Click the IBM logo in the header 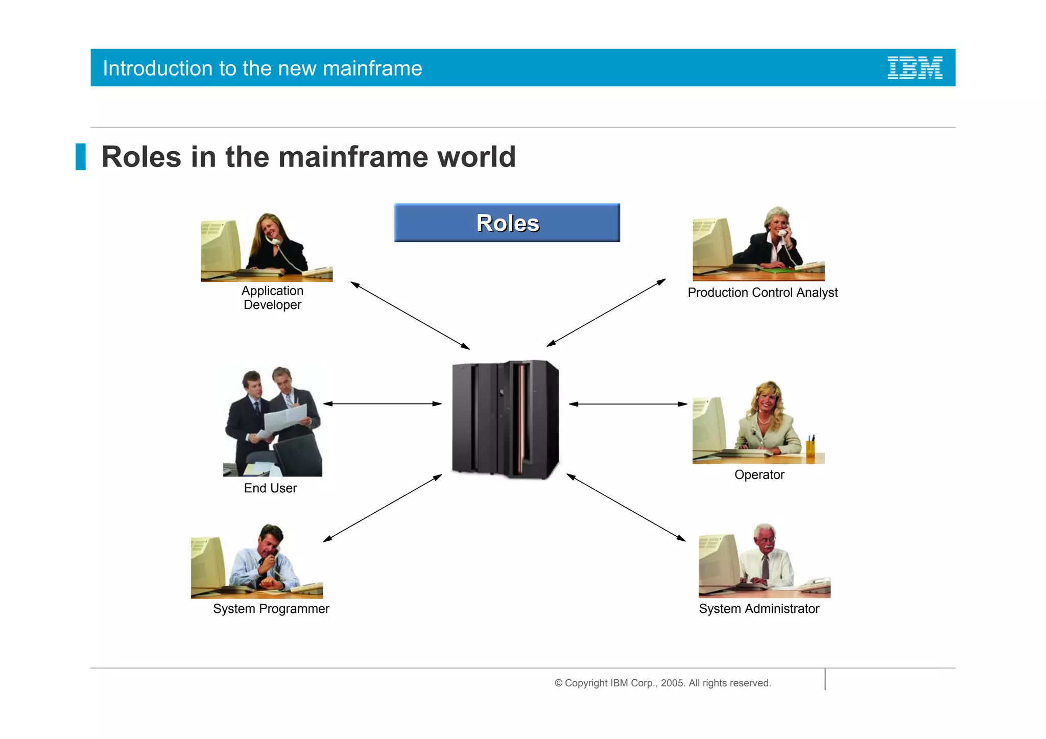coord(914,68)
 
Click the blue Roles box coord(507,223)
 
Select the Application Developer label coord(272,298)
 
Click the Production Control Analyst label coord(762,293)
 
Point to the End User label coord(270,488)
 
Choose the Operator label coord(759,474)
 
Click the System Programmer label coord(271,609)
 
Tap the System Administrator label coord(758,609)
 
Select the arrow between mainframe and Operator coord(628,404)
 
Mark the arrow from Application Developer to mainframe coord(410,315)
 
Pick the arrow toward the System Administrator coord(626,507)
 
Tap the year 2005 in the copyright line coord(672,683)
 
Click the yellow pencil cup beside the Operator coord(810,449)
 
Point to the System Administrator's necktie coord(765,567)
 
